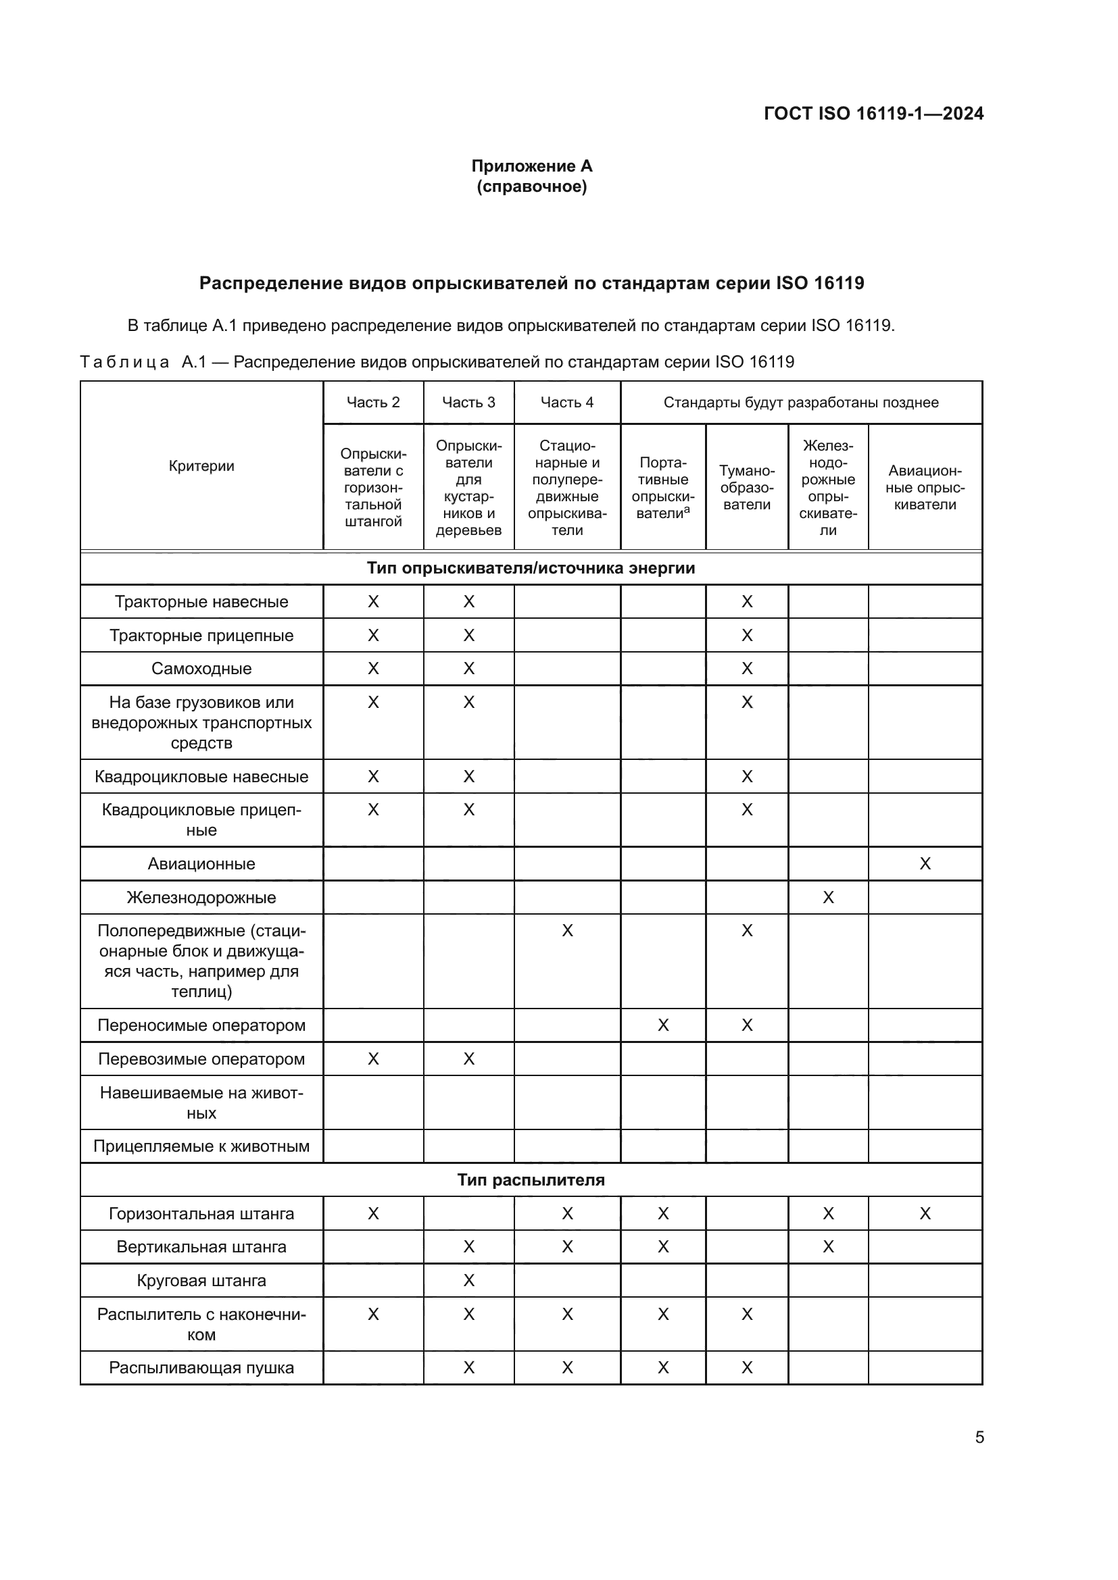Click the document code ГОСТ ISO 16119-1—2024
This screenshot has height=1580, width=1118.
(873, 113)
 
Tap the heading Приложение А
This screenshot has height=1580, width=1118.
(531, 166)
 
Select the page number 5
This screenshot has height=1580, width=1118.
(979, 1437)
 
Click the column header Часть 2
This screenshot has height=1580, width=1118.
(373, 403)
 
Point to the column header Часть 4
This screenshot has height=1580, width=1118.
(566, 403)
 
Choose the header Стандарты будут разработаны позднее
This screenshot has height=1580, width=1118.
(800, 403)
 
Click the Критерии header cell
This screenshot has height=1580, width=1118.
(201, 466)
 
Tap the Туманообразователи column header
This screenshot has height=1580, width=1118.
(746, 488)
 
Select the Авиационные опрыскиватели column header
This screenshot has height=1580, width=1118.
(925, 488)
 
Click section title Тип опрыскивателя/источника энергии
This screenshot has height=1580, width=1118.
(531, 567)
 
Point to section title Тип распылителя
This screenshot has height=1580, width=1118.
(531, 1179)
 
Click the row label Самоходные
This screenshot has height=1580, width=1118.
(201, 668)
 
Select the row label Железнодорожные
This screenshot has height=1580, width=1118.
(201, 897)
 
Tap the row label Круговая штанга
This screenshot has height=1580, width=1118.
(201, 1280)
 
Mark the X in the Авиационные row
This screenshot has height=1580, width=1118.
(925, 864)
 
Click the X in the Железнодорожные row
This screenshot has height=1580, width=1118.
(827, 897)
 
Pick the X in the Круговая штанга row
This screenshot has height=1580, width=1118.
(468, 1280)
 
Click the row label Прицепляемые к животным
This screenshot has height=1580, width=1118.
(201, 1146)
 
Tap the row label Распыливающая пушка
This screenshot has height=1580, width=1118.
(201, 1367)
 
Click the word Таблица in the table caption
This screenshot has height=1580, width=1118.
(124, 362)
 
